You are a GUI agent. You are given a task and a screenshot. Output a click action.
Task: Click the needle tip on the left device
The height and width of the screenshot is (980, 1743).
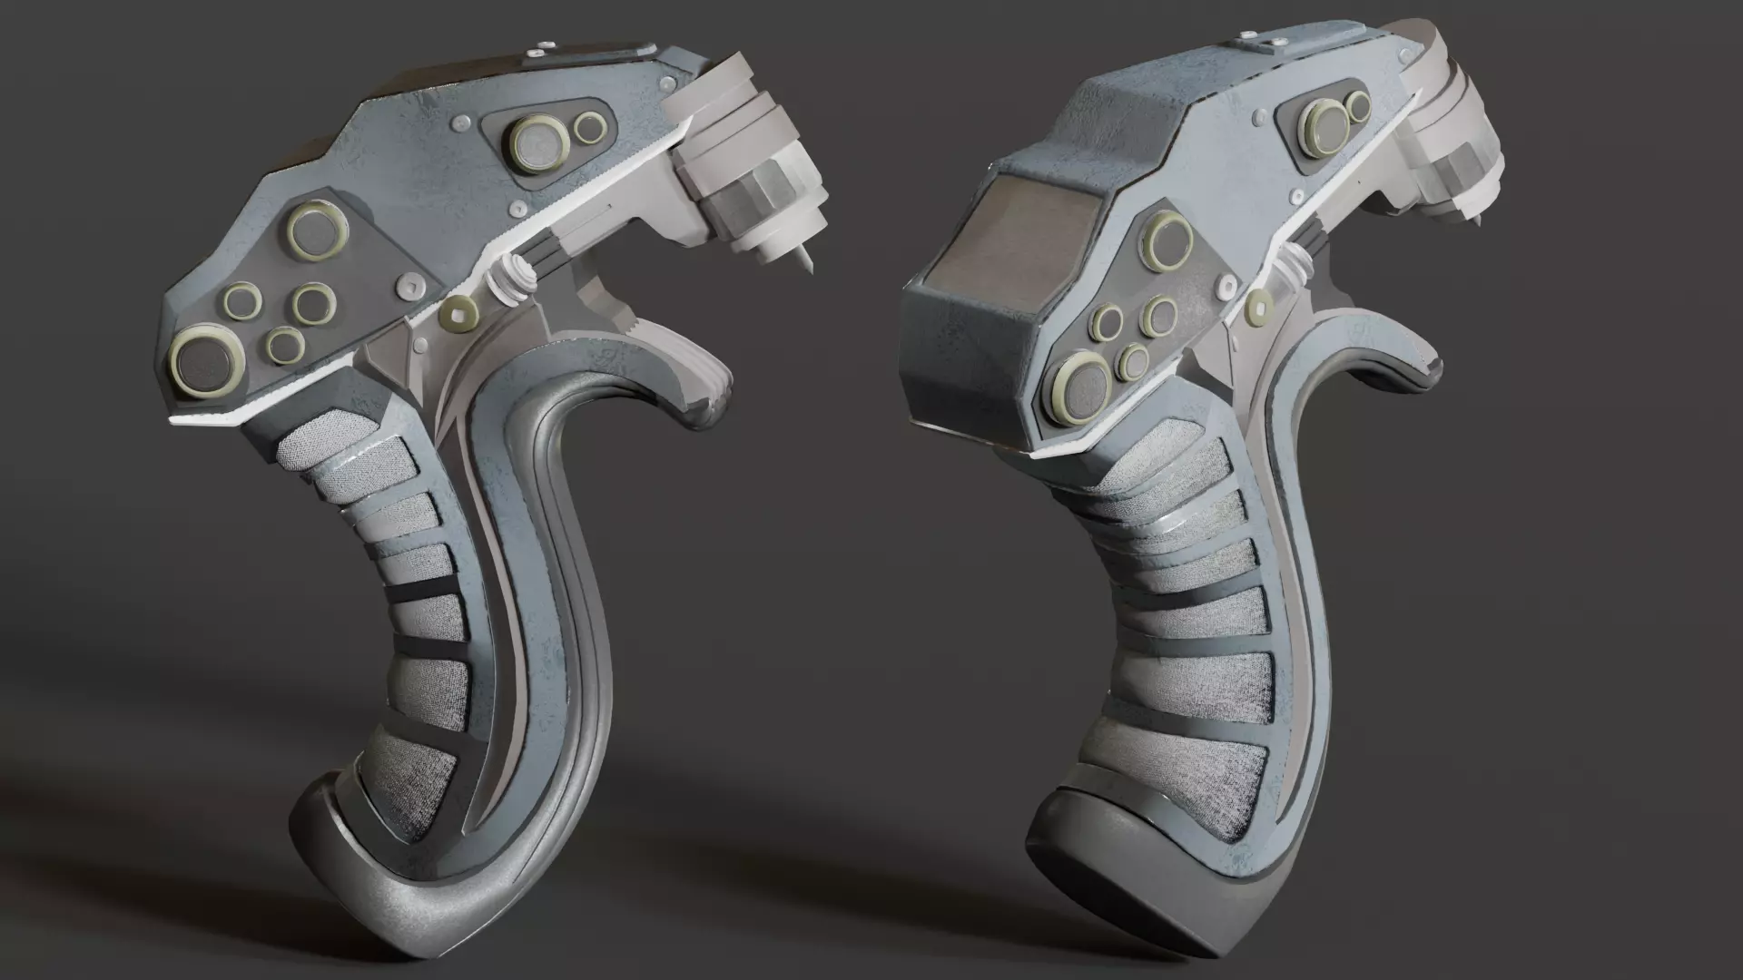click(x=805, y=269)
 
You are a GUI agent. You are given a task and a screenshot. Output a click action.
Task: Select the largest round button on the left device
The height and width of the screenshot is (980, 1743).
click(x=208, y=362)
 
